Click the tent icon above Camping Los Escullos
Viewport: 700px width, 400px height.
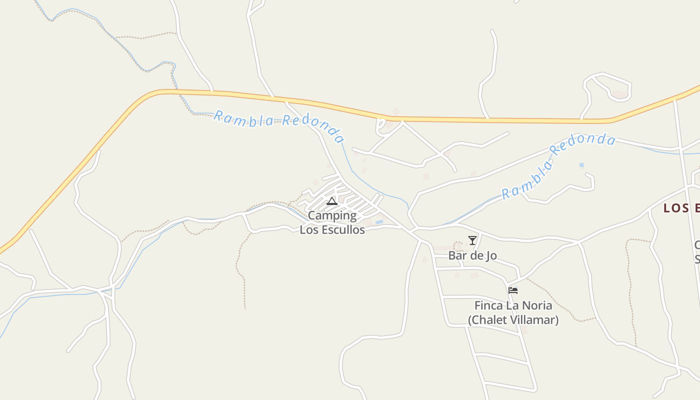[x=332, y=201]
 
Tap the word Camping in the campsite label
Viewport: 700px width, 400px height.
[x=332, y=216]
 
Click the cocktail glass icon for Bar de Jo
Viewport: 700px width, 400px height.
[x=472, y=240]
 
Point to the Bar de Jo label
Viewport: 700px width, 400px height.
[x=472, y=255]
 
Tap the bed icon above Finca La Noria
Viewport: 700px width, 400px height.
[x=513, y=290]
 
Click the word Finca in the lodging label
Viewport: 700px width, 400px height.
[x=487, y=305]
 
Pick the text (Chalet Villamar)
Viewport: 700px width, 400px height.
[x=513, y=319]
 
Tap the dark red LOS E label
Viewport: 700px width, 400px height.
[x=681, y=208]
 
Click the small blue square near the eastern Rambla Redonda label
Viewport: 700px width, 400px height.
[x=581, y=165]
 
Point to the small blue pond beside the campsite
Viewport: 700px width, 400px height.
[x=379, y=221]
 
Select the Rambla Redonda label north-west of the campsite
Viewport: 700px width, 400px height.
[x=279, y=125]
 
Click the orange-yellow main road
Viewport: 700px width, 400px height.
[x=500, y=120]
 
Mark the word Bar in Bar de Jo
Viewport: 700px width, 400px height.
[x=457, y=255]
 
